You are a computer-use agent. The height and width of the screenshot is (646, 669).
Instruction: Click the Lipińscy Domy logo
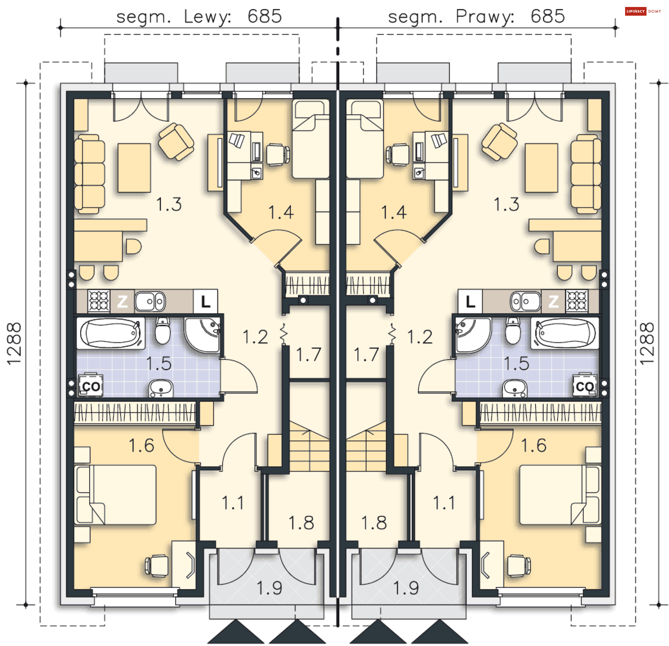643,11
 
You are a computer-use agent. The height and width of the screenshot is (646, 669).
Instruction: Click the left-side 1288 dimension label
14,343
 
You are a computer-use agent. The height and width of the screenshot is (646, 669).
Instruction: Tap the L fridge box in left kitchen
205,301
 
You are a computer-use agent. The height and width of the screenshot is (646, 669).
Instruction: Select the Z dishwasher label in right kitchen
553,301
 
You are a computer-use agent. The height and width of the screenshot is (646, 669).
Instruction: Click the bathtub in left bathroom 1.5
111,333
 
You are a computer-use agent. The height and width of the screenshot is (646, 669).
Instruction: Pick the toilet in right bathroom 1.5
513,330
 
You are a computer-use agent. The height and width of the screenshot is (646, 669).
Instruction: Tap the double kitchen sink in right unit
525,301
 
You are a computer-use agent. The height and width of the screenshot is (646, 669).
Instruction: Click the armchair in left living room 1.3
176,141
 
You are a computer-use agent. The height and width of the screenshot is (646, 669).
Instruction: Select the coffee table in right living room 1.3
541,168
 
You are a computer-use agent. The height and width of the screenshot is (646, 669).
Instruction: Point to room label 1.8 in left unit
301,523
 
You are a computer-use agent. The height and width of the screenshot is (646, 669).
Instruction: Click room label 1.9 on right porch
406,588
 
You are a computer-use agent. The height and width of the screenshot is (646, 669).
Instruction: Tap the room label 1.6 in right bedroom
533,445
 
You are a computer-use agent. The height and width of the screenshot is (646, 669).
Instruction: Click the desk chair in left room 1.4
278,154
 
